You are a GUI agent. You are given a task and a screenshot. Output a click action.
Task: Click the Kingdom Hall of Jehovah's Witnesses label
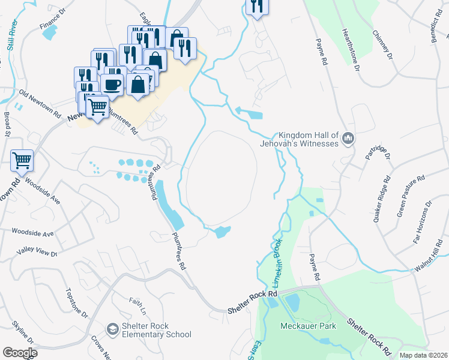(x=309, y=140)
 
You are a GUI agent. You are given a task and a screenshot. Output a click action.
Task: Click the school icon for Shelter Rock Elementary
(x=112, y=329)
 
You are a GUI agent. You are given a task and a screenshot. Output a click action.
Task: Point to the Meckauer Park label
(x=308, y=326)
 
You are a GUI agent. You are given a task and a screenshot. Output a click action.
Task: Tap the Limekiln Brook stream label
(x=278, y=262)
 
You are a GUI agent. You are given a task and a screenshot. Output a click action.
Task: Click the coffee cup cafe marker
(x=112, y=84)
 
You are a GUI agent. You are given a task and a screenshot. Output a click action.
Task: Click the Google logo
(x=20, y=352)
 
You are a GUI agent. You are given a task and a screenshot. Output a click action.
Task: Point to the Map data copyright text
(x=423, y=355)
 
